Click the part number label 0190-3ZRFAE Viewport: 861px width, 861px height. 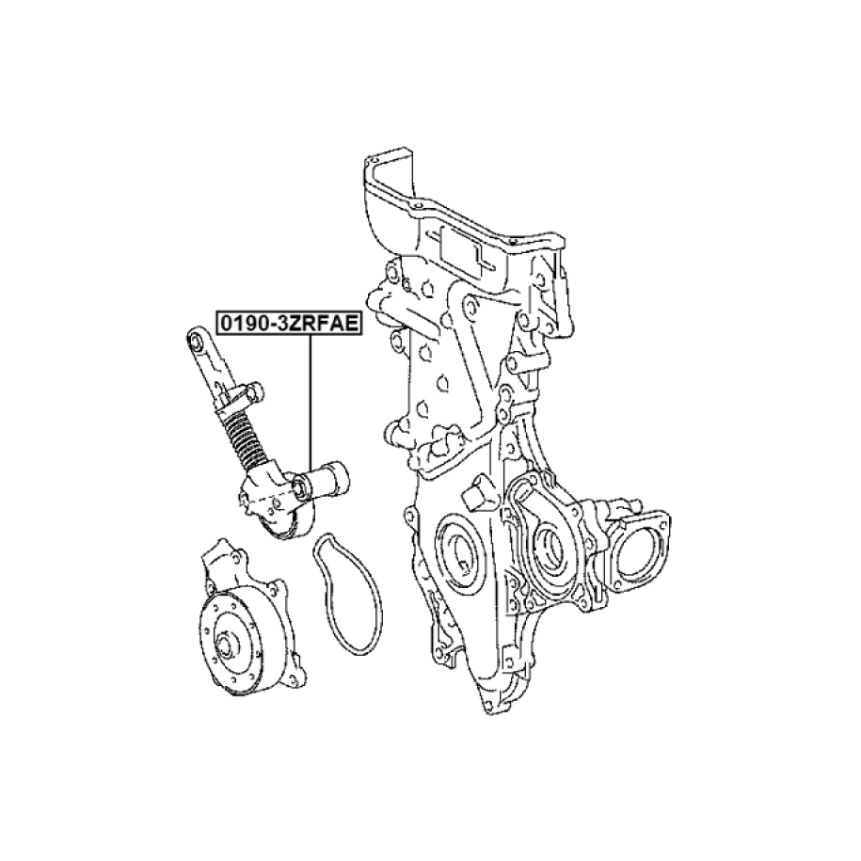[x=289, y=324]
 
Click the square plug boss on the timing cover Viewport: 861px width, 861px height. [x=478, y=492]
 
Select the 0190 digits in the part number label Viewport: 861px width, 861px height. [x=241, y=324]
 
